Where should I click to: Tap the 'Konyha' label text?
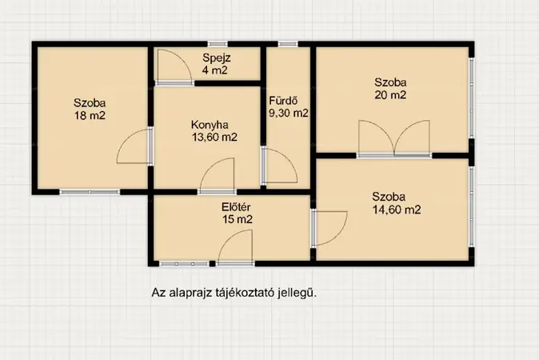210,125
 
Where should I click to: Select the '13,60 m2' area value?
214,138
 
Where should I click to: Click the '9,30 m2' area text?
288,114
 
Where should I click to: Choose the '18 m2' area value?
90,115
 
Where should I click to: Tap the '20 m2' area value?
391,95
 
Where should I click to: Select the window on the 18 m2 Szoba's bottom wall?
90,191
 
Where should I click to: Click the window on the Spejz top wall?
216,43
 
